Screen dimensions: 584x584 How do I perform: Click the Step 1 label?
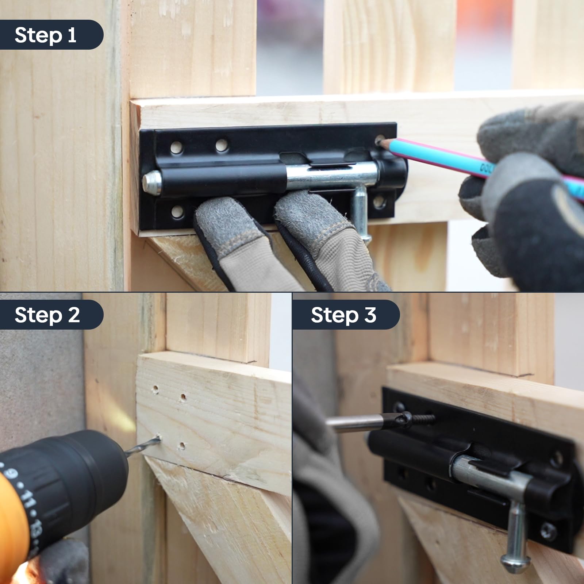click(46, 35)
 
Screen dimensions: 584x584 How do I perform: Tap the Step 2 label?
click(47, 315)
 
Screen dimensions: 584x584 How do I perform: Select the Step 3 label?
click(343, 315)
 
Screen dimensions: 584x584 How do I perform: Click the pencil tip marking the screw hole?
click(382, 142)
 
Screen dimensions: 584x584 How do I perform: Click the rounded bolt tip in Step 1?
click(151, 182)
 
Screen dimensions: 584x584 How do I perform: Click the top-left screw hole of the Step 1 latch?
click(177, 147)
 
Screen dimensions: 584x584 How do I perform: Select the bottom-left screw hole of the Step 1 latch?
click(177, 211)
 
